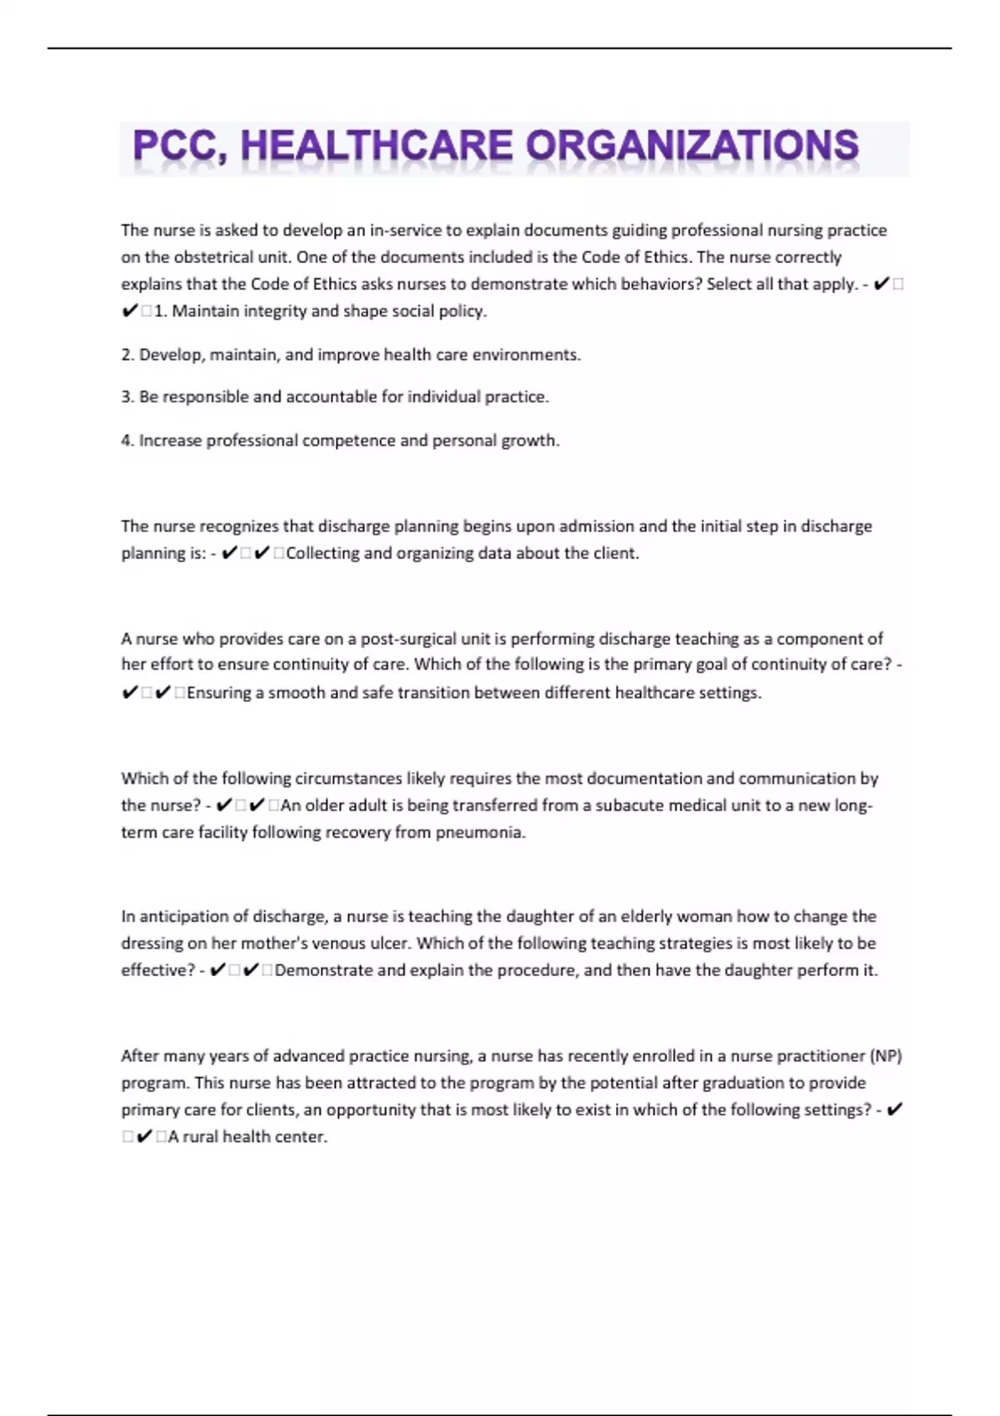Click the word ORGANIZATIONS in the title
pos(692,146)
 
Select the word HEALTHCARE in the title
pos(376,146)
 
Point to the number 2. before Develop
pos(127,355)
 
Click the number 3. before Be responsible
pos(127,397)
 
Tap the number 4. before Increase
pos(127,441)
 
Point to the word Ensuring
pos(218,693)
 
